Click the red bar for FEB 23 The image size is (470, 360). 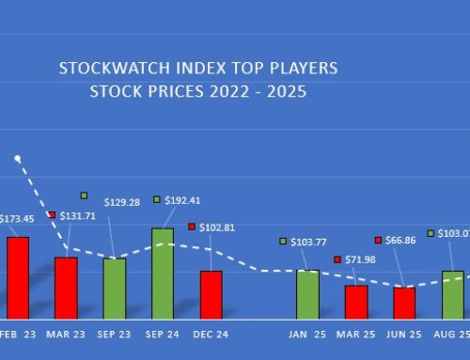pos(18,277)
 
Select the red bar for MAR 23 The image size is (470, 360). pos(66,288)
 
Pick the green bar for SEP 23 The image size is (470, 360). pos(115,288)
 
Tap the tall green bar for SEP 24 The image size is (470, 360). pos(163,273)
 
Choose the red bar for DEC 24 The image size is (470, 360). pos(211,294)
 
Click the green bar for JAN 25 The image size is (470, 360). pos(307,294)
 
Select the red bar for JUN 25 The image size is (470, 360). pos(404,303)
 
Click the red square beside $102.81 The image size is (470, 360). pos(192,227)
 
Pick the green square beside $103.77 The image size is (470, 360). pos(282,242)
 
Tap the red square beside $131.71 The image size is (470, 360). pos(52,215)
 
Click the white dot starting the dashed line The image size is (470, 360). pos(17,158)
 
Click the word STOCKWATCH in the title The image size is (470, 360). pos(102,70)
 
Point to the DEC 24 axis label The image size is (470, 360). pos(211,333)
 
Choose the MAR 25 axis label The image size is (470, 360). pos(356,333)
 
